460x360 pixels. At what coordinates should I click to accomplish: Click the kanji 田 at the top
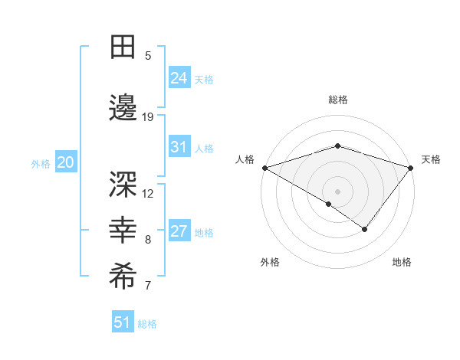coord(123,47)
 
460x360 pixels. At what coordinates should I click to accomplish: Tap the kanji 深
coord(123,184)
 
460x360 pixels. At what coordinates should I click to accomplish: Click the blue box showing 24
coord(179,78)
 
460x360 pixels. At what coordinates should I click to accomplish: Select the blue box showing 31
coord(179,148)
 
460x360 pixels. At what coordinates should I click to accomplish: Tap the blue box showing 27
coord(179,232)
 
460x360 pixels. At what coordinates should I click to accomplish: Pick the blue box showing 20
coord(65,162)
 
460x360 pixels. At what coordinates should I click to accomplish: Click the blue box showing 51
coord(122,322)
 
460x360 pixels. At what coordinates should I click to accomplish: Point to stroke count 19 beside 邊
coord(148,116)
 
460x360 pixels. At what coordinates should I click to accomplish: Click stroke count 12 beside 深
coord(148,193)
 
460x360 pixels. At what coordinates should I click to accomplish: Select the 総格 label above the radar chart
coord(337,100)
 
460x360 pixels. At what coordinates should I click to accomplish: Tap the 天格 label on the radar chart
coord(431,159)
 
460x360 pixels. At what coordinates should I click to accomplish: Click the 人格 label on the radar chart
coord(245,159)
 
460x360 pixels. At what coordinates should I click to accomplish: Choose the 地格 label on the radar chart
coord(402,262)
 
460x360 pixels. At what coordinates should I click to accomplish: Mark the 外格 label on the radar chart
coord(270,262)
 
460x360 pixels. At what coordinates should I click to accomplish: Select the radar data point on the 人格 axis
coord(264,167)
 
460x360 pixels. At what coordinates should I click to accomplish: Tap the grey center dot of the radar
coord(337,191)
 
